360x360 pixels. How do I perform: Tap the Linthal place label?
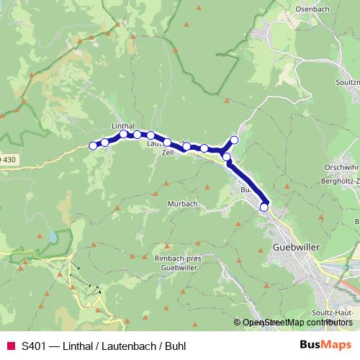click(x=123, y=125)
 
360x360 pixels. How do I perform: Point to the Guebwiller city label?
click(x=297, y=246)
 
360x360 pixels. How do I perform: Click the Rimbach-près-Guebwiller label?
click(x=181, y=261)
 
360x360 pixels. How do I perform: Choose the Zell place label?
click(x=168, y=153)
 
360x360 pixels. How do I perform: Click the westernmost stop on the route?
click(x=93, y=146)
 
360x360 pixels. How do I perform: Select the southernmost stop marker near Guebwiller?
click(x=264, y=207)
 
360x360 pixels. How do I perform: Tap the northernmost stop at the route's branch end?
click(x=234, y=140)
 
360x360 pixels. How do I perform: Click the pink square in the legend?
click(x=10, y=346)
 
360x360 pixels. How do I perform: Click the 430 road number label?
click(x=7, y=158)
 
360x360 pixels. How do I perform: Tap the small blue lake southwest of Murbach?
click(x=53, y=236)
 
